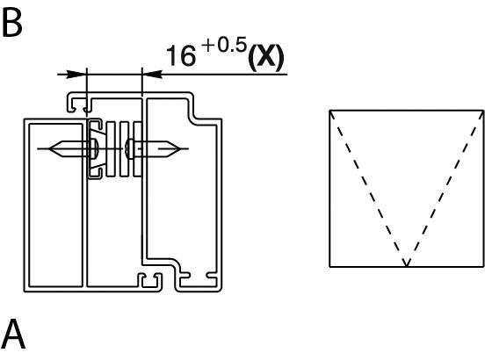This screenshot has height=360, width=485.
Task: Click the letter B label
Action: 11,23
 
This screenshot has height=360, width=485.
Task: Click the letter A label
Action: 12,334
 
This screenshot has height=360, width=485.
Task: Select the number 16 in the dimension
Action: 181,55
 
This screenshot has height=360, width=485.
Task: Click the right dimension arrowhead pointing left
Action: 152,74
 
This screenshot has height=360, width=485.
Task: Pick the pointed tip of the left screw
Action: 49,149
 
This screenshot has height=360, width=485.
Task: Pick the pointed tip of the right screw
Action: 180,149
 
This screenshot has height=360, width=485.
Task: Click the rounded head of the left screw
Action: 94,149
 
